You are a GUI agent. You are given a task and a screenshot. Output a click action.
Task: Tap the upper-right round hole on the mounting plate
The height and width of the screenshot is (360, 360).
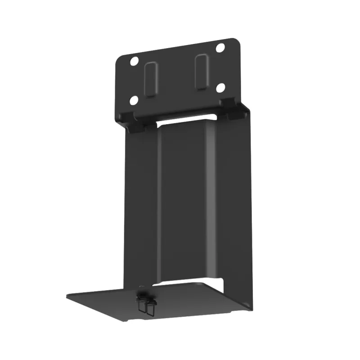tap(220, 47)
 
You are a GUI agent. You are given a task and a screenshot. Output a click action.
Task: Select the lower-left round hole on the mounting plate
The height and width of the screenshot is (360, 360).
tap(134, 100)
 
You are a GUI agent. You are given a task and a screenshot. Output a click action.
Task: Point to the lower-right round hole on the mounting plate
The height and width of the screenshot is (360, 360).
tap(220, 88)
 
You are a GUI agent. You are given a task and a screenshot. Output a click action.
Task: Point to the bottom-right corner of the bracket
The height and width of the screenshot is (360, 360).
tap(251, 307)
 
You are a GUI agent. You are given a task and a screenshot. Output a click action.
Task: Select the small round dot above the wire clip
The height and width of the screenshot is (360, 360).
tap(143, 287)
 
